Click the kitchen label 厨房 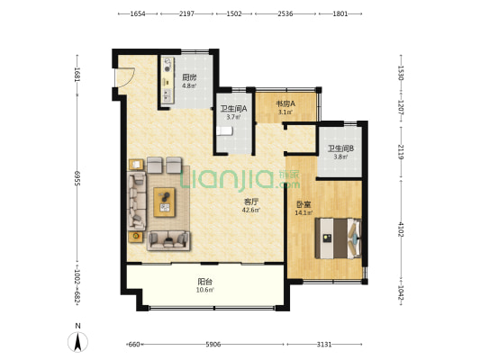189,77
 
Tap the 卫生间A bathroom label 233,108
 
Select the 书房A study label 285,103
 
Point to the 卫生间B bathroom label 340,149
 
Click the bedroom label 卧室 303,204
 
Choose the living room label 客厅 251,202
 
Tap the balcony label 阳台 204,282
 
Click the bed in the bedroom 339,238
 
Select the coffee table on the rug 165,202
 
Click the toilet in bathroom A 224,130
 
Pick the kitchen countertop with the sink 168,80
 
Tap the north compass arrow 78,342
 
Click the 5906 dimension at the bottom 213,345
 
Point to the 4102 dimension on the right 401,229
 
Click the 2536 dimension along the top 285,13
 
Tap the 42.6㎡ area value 251,210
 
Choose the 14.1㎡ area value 303,213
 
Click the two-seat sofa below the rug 168,240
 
